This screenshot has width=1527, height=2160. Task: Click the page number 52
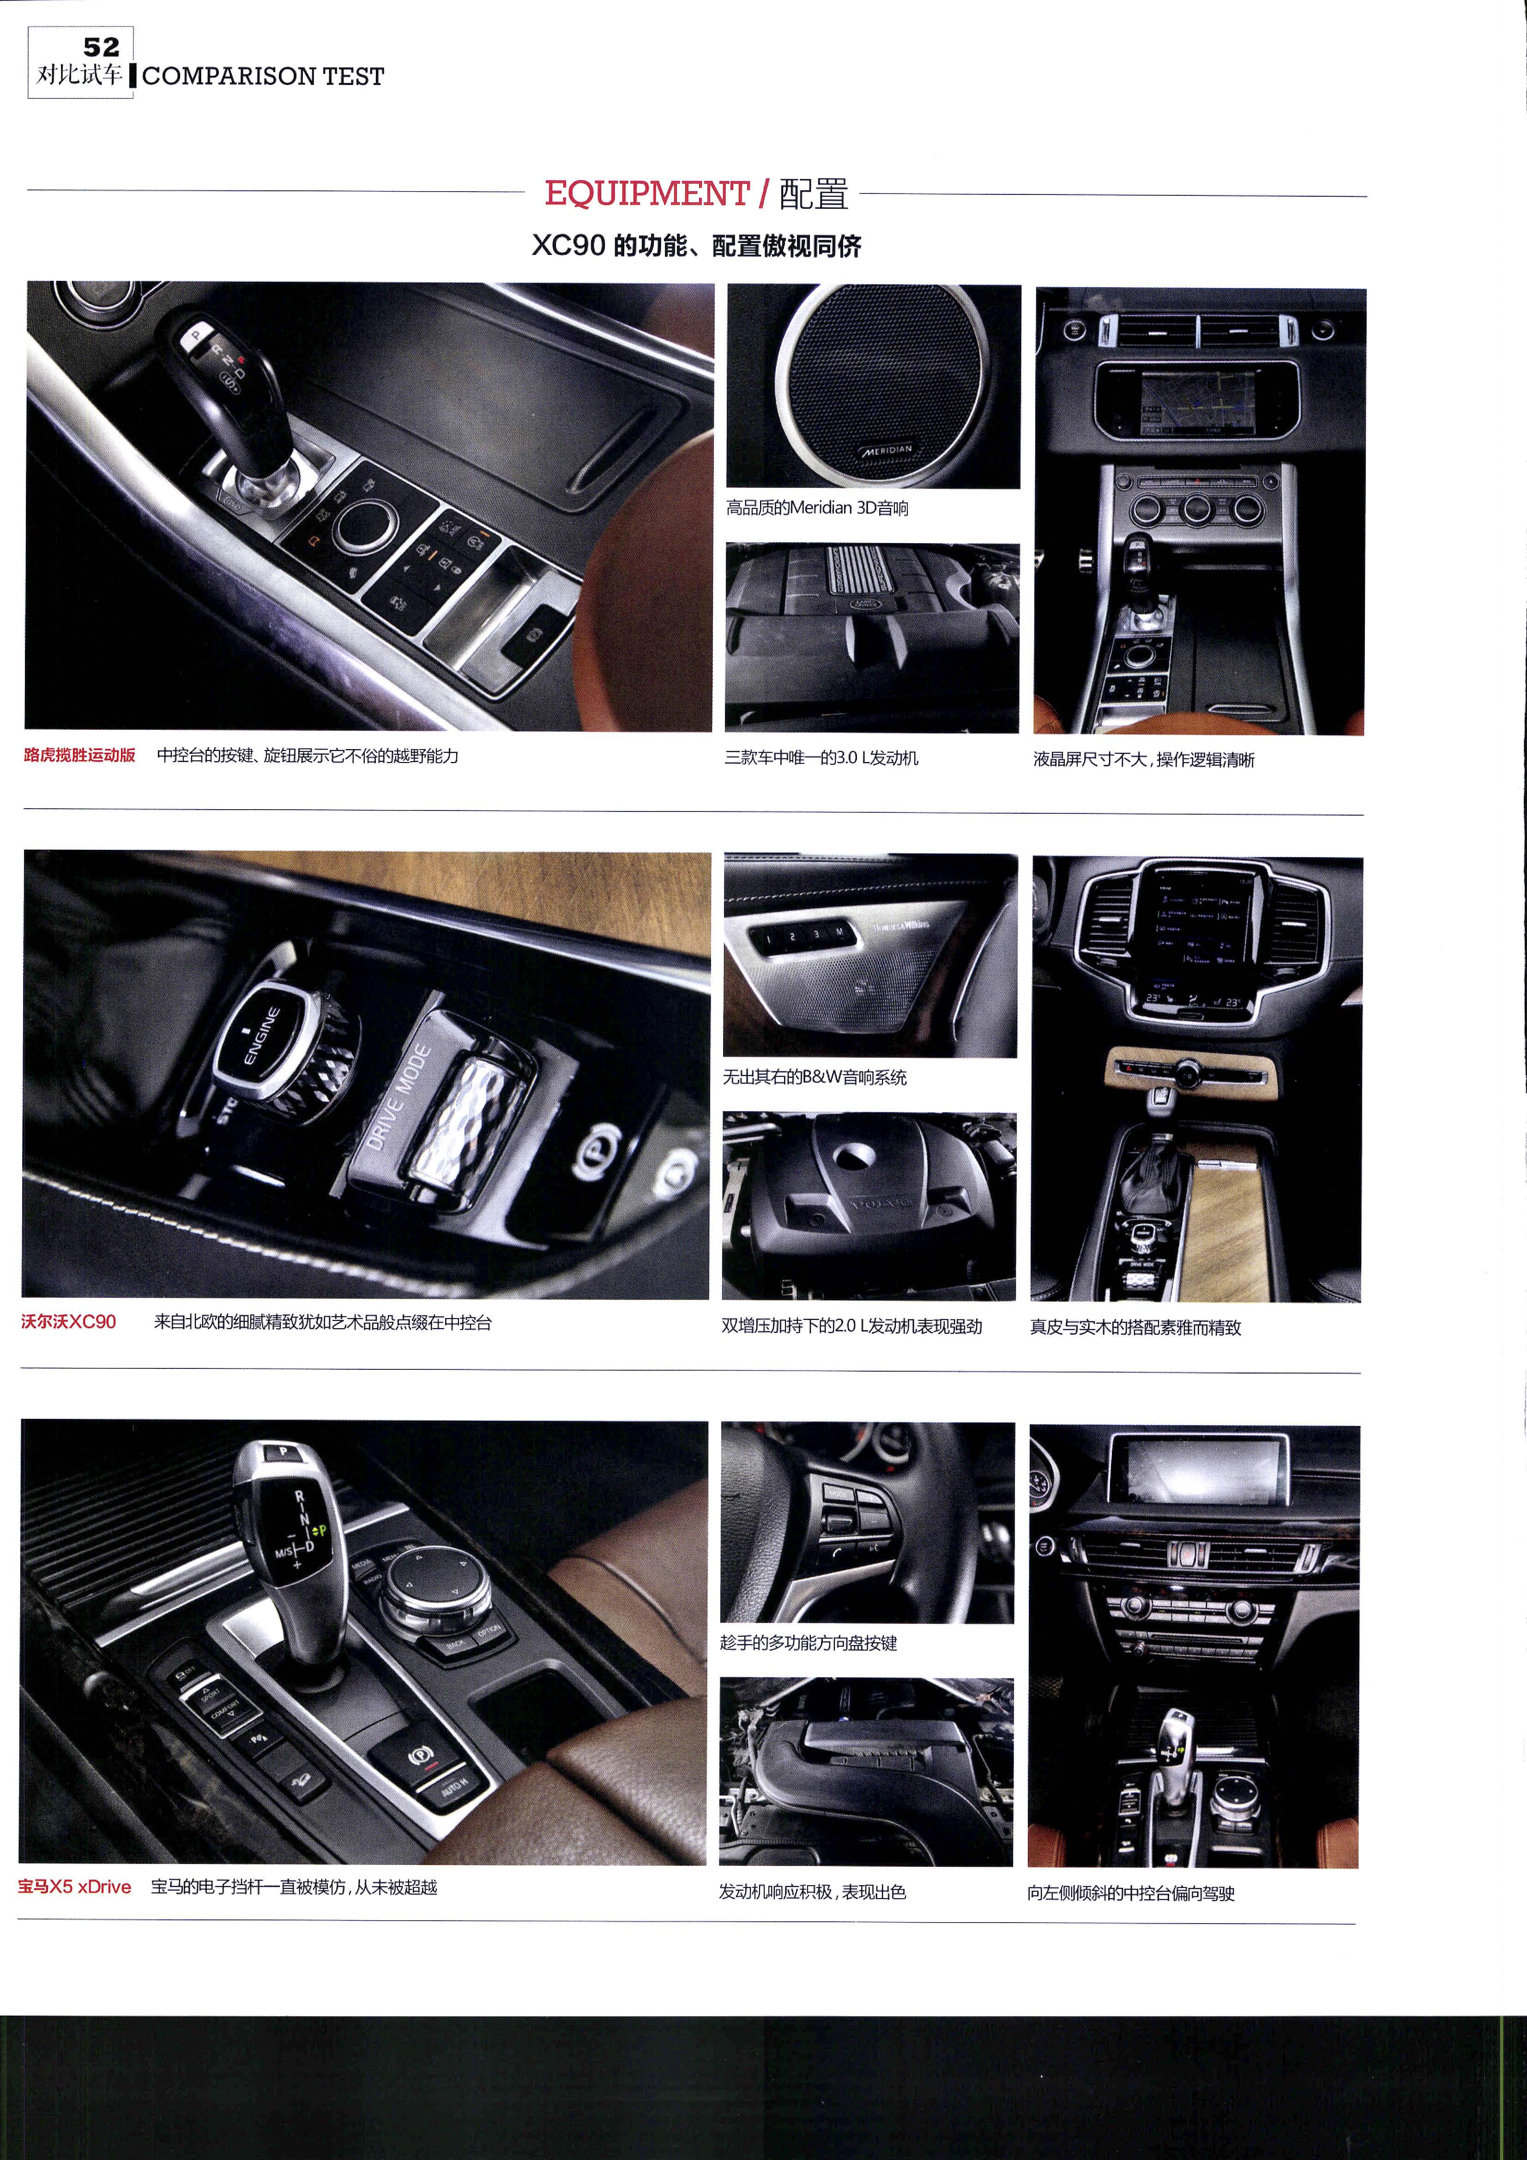tap(102, 47)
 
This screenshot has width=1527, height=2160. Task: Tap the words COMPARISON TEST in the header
tap(264, 76)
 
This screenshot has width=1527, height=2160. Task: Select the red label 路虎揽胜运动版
tap(80, 755)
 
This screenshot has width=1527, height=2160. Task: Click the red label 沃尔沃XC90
tap(69, 1322)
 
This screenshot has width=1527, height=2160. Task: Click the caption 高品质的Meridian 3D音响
tap(817, 508)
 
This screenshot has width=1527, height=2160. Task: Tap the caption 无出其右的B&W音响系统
tap(815, 1077)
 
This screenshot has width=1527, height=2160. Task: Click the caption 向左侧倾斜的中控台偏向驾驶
tap(1131, 1893)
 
